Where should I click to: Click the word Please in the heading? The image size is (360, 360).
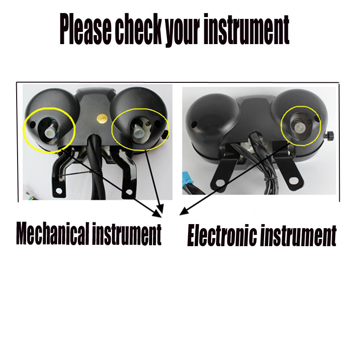[85, 30]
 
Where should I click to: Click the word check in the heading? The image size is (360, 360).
[139, 29]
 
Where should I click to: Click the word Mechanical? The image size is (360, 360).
[53, 233]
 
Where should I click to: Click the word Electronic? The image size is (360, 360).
[222, 235]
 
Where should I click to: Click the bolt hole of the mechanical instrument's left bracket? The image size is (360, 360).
[59, 190]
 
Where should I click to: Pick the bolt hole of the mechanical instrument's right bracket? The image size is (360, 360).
[129, 192]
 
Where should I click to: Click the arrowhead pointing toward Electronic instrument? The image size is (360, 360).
[184, 211]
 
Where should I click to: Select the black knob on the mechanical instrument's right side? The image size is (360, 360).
[165, 135]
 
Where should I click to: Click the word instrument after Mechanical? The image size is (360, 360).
[127, 234]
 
